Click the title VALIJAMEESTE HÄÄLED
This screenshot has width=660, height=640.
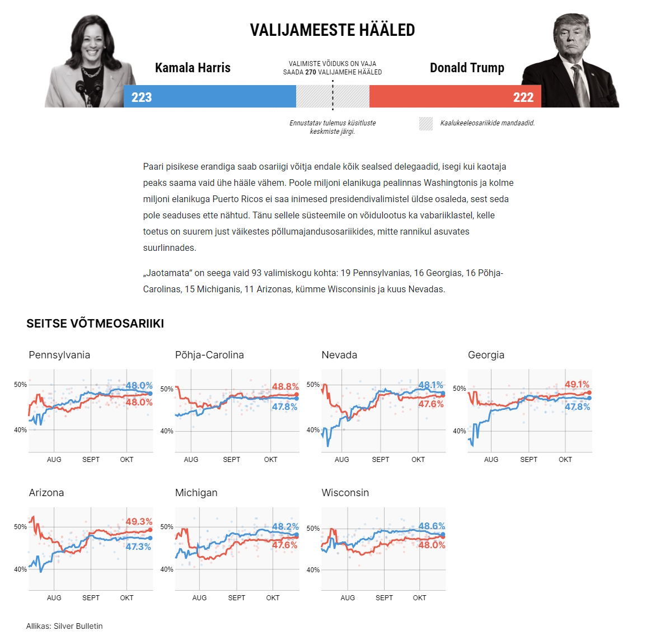coord(333,30)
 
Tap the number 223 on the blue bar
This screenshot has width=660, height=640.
coord(142,97)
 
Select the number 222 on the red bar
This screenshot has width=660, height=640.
coord(523,97)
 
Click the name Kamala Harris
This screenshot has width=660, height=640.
coord(193,68)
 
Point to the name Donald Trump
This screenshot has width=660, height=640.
coord(467,68)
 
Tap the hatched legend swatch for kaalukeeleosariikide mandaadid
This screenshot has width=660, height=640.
coord(426,123)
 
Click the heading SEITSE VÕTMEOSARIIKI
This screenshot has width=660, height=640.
coord(95,324)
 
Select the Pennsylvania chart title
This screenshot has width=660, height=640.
coord(59,355)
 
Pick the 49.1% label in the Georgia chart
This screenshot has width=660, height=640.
coord(577,384)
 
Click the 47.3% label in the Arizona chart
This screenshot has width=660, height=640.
coord(138,546)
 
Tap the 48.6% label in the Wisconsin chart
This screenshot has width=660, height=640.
coord(432,526)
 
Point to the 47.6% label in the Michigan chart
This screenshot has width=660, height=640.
coord(285,545)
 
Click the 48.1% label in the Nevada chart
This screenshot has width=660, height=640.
coord(430,385)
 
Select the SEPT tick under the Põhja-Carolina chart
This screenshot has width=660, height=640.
coord(231,460)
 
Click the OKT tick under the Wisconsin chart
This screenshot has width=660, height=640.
coord(419,598)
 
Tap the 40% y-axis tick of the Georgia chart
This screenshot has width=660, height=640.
coord(459,431)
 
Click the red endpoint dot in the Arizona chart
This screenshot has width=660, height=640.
coord(150,530)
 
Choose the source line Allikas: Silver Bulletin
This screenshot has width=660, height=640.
coord(64,626)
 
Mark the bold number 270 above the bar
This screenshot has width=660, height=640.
coord(311,72)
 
